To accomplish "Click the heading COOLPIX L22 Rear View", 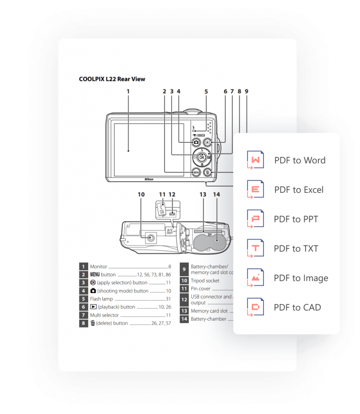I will (112, 79).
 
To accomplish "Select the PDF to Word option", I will (299, 160).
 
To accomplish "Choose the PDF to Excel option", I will (299, 189).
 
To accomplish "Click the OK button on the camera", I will (202, 158).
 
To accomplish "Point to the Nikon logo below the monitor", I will (150, 177).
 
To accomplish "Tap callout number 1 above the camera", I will (128, 91).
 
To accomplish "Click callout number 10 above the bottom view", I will (141, 194).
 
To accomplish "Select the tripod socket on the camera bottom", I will (150, 239).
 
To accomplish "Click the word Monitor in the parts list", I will (99, 266).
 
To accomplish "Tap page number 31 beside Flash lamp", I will (168, 299).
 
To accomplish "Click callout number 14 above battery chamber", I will (216, 194).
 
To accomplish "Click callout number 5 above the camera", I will (206, 91).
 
